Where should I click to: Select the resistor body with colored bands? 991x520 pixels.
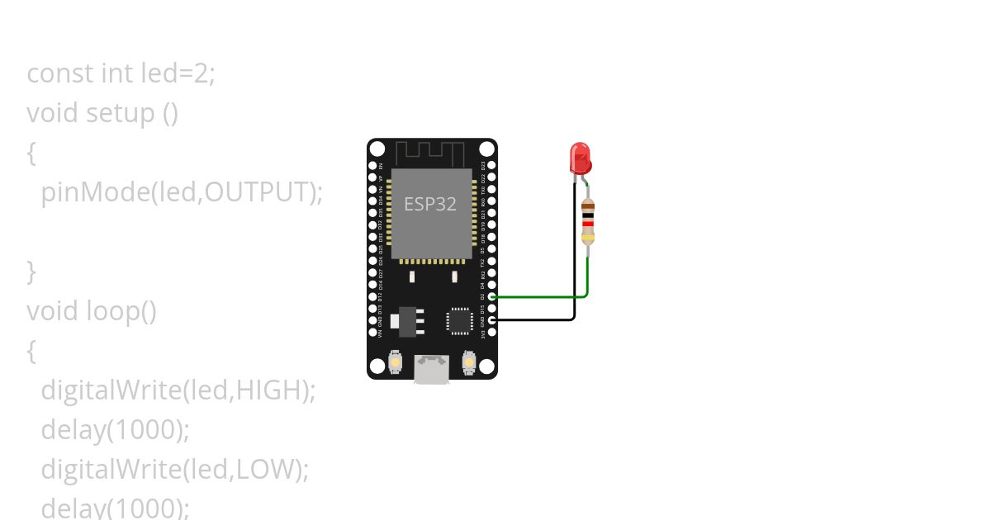pyautogui.click(x=587, y=223)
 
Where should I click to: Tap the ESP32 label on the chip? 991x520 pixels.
pyautogui.click(x=429, y=204)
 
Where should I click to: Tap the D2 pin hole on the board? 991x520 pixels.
pyautogui.click(x=492, y=296)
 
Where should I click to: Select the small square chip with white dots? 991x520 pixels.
pyautogui.click(x=459, y=320)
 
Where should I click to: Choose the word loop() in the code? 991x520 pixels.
pyautogui.click(x=121, y=311)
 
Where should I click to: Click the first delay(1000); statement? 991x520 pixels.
pyautogui.click(x=116, y=430)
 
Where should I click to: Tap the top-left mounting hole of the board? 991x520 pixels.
pyautogui.click(x=377, y=149)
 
